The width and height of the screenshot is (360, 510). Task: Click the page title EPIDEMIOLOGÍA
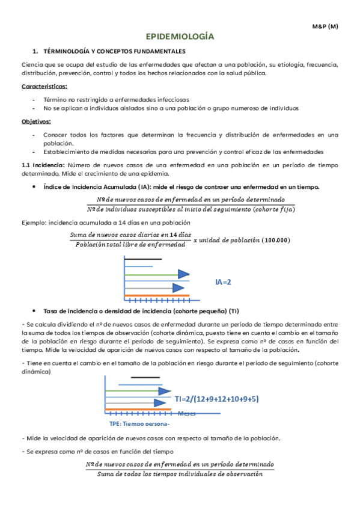tap(180, 37)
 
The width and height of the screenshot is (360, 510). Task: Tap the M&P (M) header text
tap(325, 27)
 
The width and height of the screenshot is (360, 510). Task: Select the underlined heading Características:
tap(44, 87)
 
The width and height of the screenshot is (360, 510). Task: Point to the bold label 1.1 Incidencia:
tap(43, 164)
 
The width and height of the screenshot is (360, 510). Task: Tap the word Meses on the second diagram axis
tap(187, 413)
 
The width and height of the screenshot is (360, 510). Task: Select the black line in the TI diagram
tap(145, 378)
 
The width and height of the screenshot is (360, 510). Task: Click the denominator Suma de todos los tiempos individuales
tap(180, 475)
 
